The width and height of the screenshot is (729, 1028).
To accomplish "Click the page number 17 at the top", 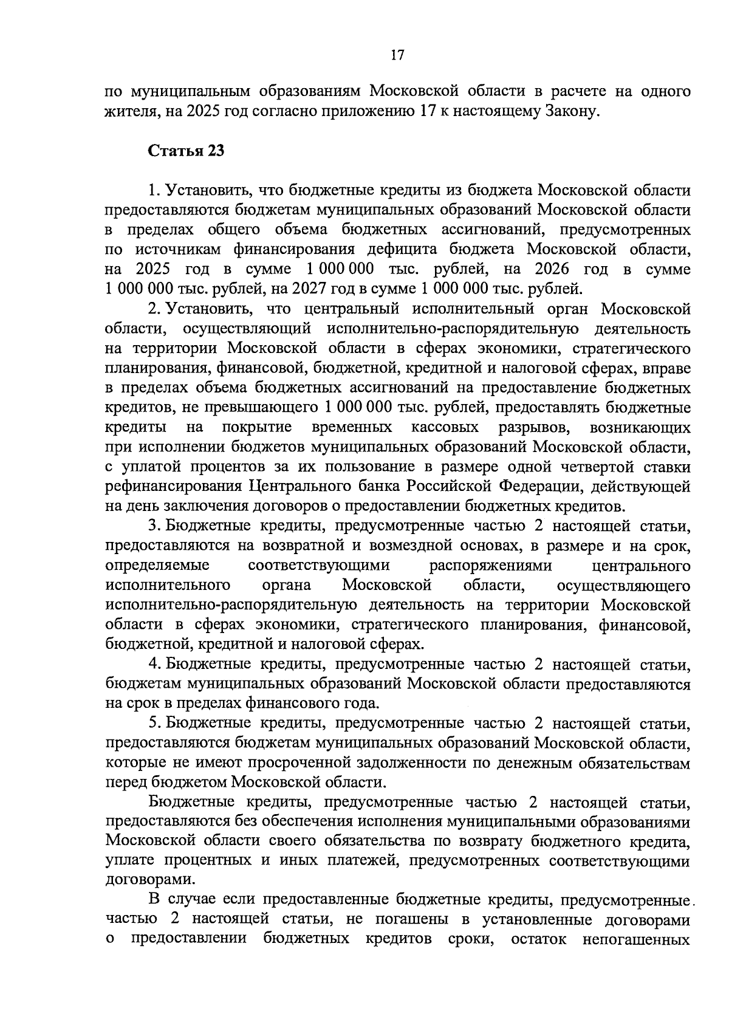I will point(397,55).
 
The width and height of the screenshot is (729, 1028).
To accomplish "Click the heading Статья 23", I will point(187,151).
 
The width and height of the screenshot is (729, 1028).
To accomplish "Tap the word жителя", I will point(126,112).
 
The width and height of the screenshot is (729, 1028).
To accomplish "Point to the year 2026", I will point(552,269).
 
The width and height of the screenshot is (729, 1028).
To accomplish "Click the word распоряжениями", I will point(491,566).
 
